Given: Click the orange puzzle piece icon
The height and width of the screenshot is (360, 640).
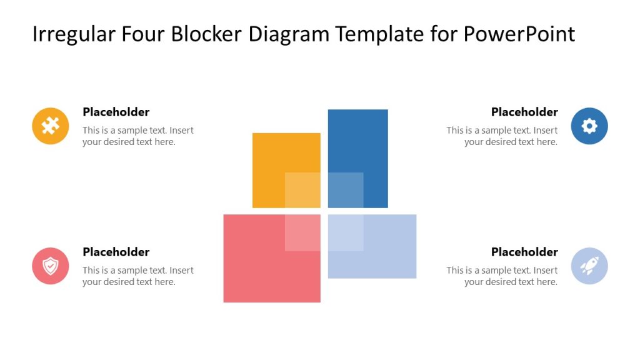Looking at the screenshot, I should [x=51, y=126].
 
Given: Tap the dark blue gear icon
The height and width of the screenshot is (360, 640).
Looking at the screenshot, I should [x=589, y=126].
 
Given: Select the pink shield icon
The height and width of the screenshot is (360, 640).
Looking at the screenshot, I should [x=51, y=266].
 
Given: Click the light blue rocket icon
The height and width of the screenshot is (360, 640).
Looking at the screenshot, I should [x=589, y=266].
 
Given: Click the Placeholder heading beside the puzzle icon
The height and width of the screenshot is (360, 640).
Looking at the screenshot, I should [x=116, y=112].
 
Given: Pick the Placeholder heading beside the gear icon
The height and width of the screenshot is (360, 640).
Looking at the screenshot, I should [x=524, y=112].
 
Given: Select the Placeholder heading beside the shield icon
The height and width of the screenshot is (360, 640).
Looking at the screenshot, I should [x=116, y=252].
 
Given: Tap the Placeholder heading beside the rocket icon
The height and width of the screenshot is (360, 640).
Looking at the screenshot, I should [x=524, y=252].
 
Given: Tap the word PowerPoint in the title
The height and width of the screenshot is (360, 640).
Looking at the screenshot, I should [x=519, y=34].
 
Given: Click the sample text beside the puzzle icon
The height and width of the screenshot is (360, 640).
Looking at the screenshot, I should [x=137, y=136].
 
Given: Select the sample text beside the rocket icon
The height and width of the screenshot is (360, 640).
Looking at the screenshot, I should [x=502, y=276].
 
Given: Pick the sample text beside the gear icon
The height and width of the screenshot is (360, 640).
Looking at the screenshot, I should [x=502, y=136].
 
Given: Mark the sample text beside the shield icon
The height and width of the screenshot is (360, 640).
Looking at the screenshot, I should [x=137, y=276].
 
